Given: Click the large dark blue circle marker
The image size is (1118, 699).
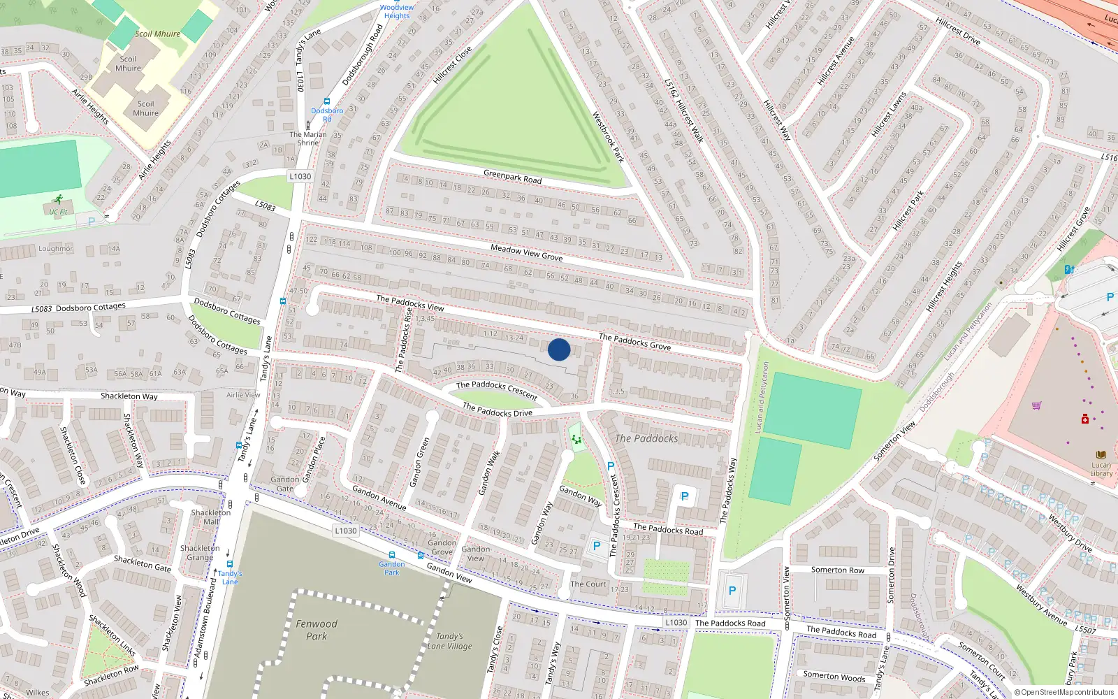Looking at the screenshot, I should [559, 349].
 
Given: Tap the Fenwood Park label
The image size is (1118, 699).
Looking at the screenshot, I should [317, 630].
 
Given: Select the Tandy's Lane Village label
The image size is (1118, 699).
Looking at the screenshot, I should [450, 641].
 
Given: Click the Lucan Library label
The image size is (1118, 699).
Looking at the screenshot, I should [1101, 469].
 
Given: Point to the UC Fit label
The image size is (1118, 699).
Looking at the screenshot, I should [59, 212].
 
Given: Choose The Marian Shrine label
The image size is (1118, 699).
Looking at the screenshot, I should [308, 138].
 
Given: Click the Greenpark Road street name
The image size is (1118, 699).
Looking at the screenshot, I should [512, 175].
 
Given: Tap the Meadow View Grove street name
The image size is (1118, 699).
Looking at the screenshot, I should [526, 252].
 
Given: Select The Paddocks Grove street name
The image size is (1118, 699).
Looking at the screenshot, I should [634, 342].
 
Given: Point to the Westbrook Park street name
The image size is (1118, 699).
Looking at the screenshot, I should [608, 137].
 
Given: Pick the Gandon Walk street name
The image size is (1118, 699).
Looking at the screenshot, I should [489, 473].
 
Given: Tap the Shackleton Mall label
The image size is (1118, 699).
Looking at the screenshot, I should [210, 517].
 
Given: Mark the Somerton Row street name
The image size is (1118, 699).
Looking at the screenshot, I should [837, 570].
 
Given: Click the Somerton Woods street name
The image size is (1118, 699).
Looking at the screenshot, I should [834, 676].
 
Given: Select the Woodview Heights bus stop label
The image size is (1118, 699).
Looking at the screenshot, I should [397, 11].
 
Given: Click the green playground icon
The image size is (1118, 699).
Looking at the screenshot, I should [576, 439].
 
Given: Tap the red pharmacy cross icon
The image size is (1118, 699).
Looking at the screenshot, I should [1084, 419].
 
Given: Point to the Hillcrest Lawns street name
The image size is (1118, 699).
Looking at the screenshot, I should [889, 114].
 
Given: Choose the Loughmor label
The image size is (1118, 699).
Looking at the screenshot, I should [55, 249].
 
